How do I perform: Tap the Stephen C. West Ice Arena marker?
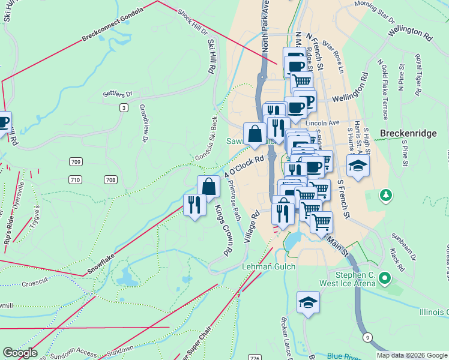[385, 278]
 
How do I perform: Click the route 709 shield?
[75, 162]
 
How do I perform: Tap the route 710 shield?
[75, 179]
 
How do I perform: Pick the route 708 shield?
[110, 179]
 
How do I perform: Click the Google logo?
[19, 353]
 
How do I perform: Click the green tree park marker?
[385, 196]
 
